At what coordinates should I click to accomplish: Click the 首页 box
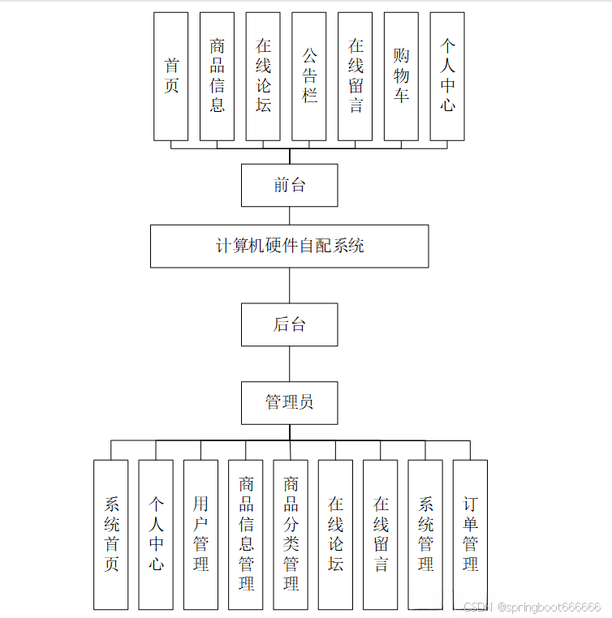pyautogui.click(x=171, y=76)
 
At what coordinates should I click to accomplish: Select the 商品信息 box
pyautogui.click(x=217, y=76)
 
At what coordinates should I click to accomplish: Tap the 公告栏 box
pyautogui.click(x=309, y=76)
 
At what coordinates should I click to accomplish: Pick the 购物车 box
pyautogui.click(x=401, y=76)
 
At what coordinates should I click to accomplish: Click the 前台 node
pyautogui.click(x=289, y=185)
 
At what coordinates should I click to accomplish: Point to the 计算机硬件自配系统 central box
pyautogui.click(x=289, y=246)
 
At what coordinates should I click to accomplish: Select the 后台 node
pyautogui.click(x=289, y=324)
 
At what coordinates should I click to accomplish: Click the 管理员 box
pyautogui.click(x=289, y=402)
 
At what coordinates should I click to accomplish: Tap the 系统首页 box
pyautogui.click(x=110, y=534)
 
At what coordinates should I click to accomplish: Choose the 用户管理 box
pyautogui.click(x=200, y=534)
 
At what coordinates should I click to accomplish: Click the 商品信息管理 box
pyautogui.click(x=246, y=534)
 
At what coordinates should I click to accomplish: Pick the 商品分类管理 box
pyautogui.click(x=291, y=534)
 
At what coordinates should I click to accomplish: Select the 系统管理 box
pyautogui.click(x=425, y=534)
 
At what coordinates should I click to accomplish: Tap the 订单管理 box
pyautogui.click(x=470, y=534)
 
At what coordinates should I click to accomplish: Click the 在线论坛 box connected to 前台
pyautogui.click(x=263, y=76)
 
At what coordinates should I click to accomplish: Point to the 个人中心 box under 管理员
pyautogui.click(x=156, y=534)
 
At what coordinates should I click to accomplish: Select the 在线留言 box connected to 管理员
pyautogui.click(x=380, y=534)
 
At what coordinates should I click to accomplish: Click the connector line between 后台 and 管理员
pyautogui.click(x=290, y=364)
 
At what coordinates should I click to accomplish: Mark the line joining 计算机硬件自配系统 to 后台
pyautogui.click(x=290, y=285)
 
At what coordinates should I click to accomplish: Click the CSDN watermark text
pyautogui.click(x=532, y=607)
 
